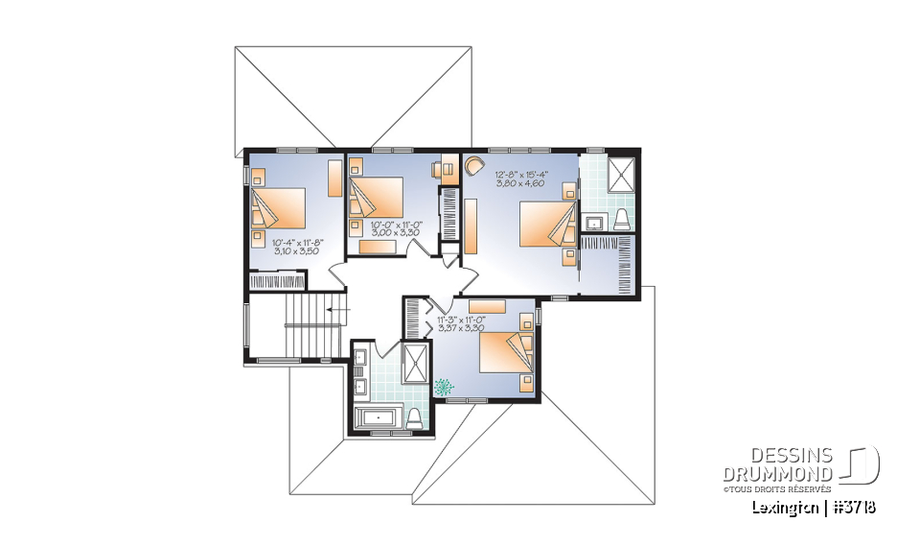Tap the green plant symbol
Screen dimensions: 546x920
[x=445, y=388]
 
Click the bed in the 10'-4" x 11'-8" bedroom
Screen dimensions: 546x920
[x=279, y=208]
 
